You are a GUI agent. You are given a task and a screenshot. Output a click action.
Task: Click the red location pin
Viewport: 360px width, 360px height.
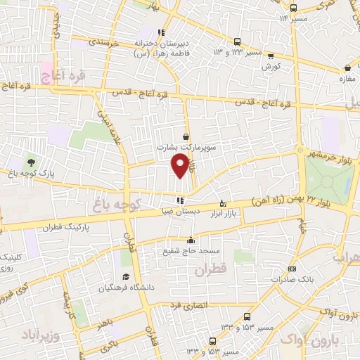pos(181,165)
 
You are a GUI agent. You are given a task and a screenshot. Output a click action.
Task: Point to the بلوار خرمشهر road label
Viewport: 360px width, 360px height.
pos(331,153)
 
